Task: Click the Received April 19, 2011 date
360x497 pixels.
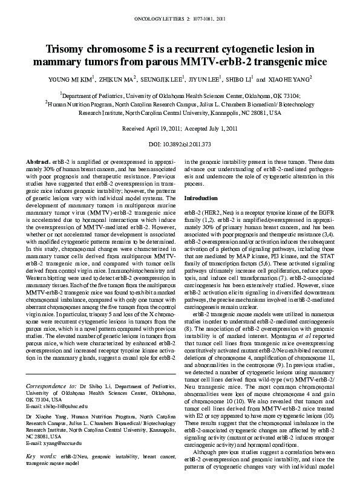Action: pos(149,129)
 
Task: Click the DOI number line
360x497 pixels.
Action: pos(180,145)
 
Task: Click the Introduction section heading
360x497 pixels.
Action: pos(201,199)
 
